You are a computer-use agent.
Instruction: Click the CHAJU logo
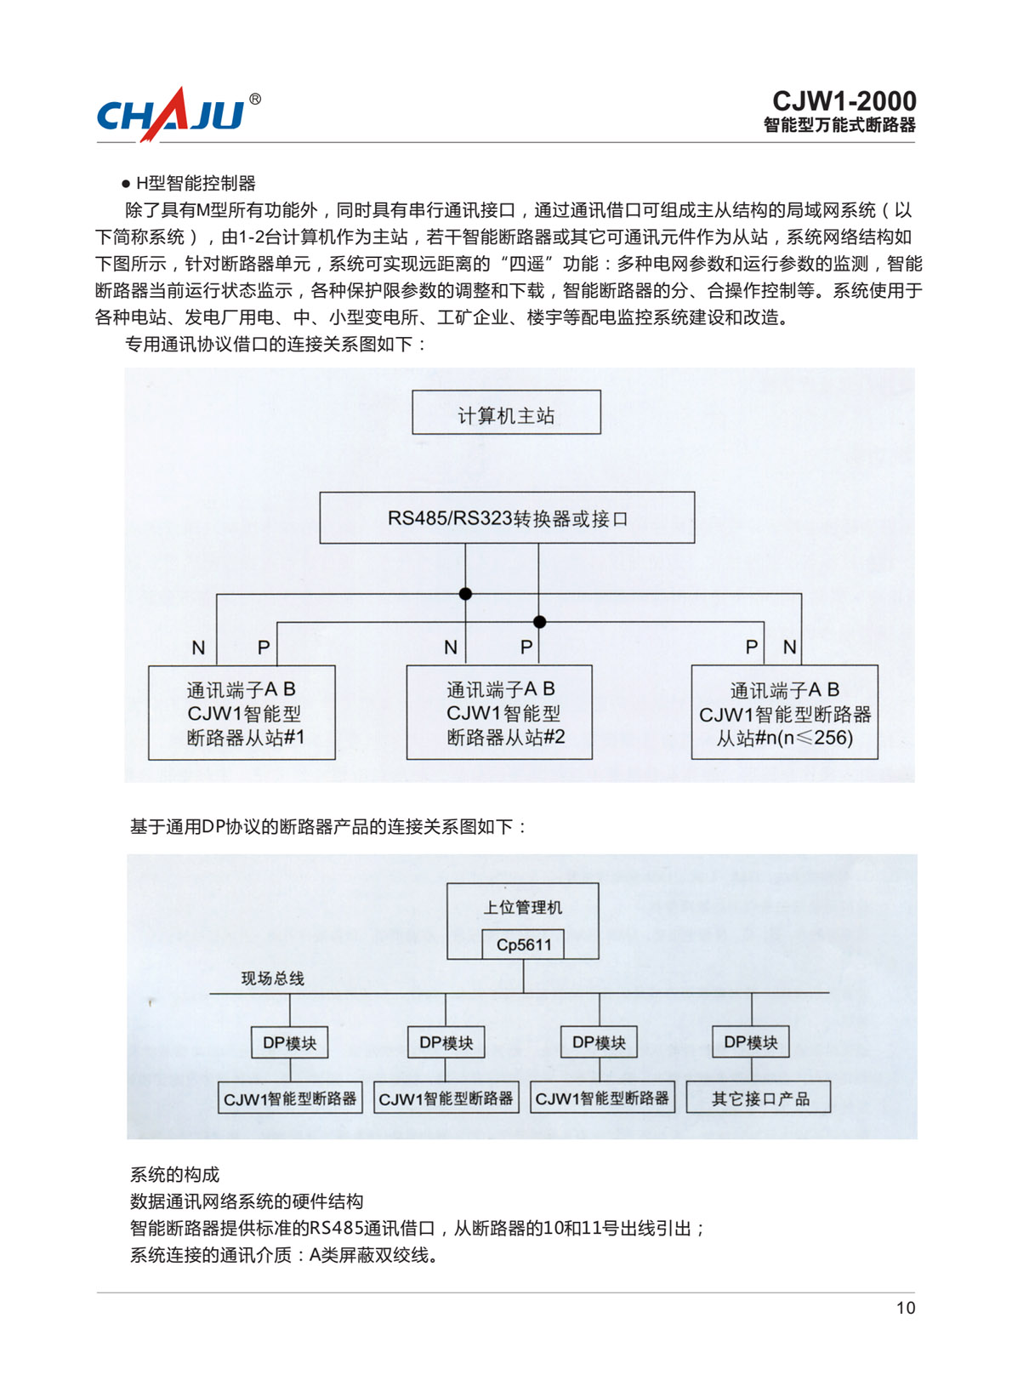[170, 115]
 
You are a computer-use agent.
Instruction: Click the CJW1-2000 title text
[844, 100]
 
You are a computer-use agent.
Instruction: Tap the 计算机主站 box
[506, 412]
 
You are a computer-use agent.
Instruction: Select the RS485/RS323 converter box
[507, 517]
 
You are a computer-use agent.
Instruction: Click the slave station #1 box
[242, 712]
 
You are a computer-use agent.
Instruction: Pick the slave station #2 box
[499, 712]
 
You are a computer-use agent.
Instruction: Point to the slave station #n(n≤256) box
[784, 712]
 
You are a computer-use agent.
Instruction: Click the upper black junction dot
[465, 594]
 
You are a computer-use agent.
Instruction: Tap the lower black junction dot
[540, 622]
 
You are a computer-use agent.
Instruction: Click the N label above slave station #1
[198, 647]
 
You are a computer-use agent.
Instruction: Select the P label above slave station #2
[526, 647]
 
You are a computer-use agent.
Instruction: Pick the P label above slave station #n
[751, 647]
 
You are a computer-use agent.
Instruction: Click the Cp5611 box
[523, 944]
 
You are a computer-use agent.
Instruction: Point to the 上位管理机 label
[522, 907]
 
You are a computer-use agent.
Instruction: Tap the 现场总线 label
[272, 978]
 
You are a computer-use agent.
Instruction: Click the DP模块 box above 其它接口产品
[751, 1041]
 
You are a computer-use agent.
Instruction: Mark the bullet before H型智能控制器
[126, 184]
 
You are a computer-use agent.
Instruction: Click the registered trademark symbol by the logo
[255, 99]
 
